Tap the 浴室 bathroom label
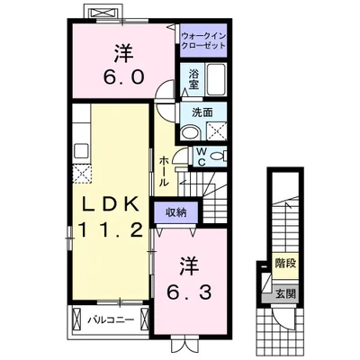coord(193,81)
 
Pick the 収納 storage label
coord(175,212)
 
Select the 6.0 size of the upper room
coord(124,76)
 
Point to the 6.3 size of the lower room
coord(188,292)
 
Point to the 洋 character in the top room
coord(122,50)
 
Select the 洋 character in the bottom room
coord(188,267)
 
